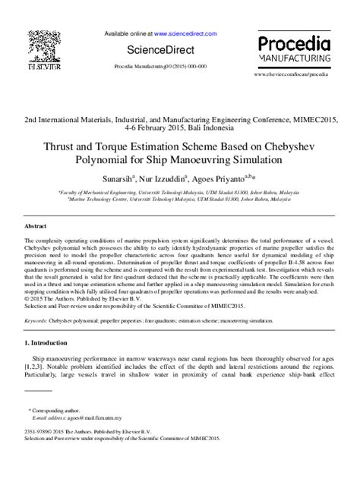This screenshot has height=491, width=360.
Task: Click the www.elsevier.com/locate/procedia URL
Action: pos(292,74)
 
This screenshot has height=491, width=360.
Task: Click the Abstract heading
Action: pos(36,227)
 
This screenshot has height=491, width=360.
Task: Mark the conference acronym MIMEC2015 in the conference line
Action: pos(308,120)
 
